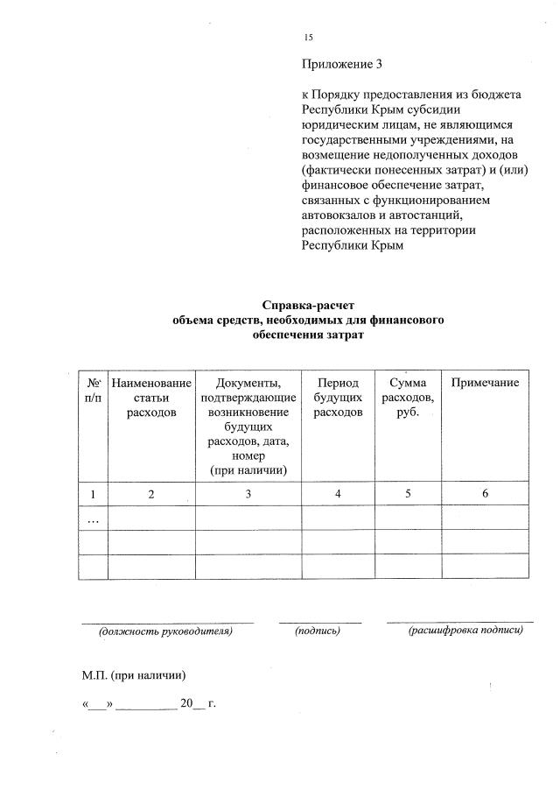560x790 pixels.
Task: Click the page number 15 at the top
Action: (308, 37)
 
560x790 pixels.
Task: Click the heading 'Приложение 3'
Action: (342, 65)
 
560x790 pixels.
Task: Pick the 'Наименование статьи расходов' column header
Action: (151, 398)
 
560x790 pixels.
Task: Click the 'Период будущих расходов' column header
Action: (337, 398)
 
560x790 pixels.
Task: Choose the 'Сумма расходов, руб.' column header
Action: (408, 398)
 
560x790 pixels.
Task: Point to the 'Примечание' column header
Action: (485, 384)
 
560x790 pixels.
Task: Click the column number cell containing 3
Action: (248, 494)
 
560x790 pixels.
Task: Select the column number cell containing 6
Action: (485, 494)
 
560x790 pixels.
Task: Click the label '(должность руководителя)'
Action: (166, 630)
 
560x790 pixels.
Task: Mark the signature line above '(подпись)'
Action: (320, 622)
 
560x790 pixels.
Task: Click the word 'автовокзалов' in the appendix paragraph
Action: (339, 215)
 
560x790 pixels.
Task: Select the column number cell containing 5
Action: (408, 494)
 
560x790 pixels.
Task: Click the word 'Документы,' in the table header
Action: (248, 384)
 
